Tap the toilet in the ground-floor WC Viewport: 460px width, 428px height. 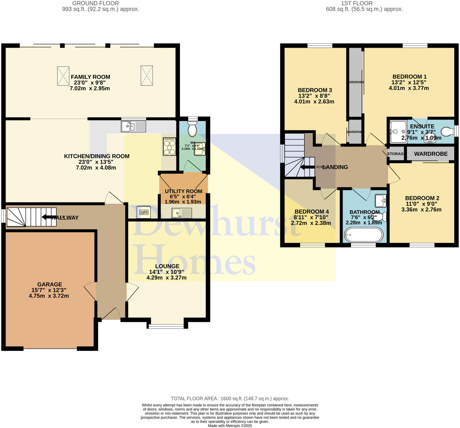pyautogui.click(x=193, y=129)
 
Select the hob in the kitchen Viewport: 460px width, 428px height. pyautogui.click(x=169, y=147)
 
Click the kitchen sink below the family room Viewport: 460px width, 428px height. pyautogui.click(x=133, y=126)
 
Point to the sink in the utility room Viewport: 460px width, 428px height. pyautogui.click(x=182, y=213)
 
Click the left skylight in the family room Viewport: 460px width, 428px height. pyautogui.click(x=63, y=76)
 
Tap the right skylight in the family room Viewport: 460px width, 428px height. pyautogui.click(x=147, y=75)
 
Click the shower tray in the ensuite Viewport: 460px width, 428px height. pyautogui.click(x=398, y=131)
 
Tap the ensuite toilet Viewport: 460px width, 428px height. pyautogui.click(x=447, y=131)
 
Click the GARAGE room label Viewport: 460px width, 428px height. pyautogui.click(x=50, y=284)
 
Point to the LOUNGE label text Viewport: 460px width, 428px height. pyautogui.click(x=167, y=266)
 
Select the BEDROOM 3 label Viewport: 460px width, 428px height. pyautogui.click(x=315, y=90)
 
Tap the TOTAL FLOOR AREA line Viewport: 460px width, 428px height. pyautogui.click(x=230, y=398)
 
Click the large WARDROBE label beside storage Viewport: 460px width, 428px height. pyautogui.click(x=431, y=154)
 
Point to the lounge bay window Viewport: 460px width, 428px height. pyautogui.click(x=166, y=326)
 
